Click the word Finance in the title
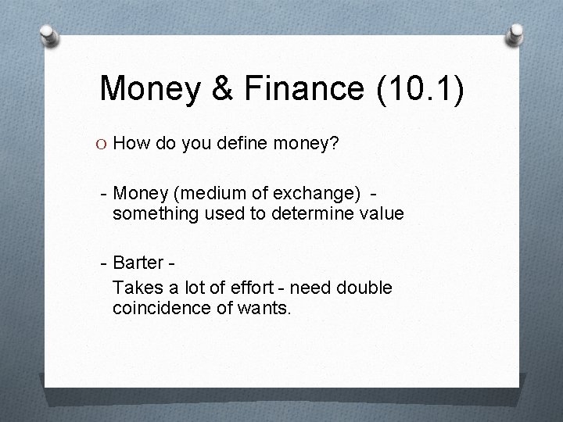click(303, 88)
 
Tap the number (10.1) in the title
click(420, 88)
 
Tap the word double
click(364, 288)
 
